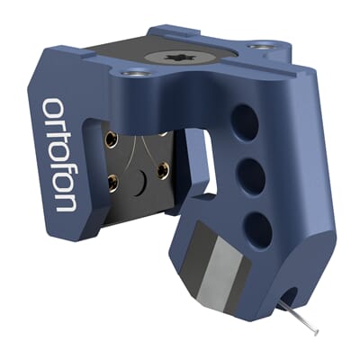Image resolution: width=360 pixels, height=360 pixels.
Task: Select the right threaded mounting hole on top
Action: coord(261,45)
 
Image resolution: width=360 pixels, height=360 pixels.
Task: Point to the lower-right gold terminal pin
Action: coord(165,172)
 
